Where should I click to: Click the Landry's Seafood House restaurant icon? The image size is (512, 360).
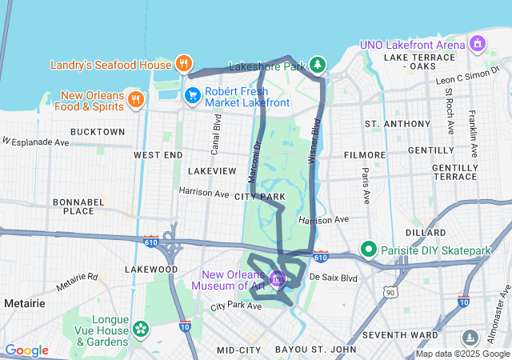point(184,64)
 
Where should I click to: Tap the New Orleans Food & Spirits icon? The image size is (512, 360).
point(136,99)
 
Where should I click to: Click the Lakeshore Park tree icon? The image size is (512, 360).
point(318,64)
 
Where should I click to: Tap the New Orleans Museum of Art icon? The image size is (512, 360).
point(278,278)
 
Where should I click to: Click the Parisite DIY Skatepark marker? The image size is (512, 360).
point(369,250)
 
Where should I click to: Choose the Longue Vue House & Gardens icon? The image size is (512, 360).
point(141,328)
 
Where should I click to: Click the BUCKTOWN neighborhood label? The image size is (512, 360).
point(98,131)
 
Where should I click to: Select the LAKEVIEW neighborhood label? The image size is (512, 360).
point(212,171)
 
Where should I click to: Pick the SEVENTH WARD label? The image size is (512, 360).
point(399,334)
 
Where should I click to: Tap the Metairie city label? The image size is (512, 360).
point(24,303)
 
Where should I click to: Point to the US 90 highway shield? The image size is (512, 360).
point(390,294)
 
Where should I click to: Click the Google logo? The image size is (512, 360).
point(27,350)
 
